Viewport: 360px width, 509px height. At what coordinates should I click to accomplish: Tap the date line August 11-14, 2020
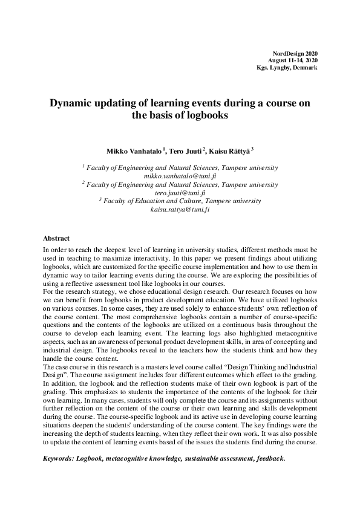(293, 60)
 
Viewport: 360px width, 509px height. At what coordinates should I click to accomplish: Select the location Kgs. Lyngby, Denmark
(287, 68)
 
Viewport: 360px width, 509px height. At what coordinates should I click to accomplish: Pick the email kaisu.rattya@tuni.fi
(180, 209)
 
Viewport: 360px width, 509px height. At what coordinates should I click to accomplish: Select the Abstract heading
(57, 238)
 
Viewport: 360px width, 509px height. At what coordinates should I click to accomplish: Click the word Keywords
(58, 458)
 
